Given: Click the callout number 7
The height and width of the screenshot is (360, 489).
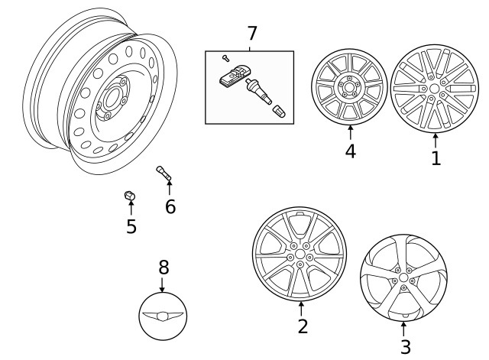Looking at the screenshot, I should click(251, 34).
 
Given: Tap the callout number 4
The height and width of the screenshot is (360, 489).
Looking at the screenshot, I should click(350, 151).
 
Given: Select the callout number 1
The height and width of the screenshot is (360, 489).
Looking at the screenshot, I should click(436, 158).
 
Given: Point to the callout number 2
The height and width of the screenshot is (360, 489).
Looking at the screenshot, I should click(303, 326).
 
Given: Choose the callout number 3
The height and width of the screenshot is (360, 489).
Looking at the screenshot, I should click(405, 347).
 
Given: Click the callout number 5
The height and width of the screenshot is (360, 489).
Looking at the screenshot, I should click(131, 226).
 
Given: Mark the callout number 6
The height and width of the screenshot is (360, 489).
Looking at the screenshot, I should click(170, 206).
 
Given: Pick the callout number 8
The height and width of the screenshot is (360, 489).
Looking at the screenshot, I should click(163, 268).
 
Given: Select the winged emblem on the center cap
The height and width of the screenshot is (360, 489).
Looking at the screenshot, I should click(163, 315).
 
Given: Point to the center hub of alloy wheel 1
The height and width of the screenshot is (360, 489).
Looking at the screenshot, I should click(435, 89).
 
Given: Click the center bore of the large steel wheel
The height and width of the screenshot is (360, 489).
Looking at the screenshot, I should click(114, 99).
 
